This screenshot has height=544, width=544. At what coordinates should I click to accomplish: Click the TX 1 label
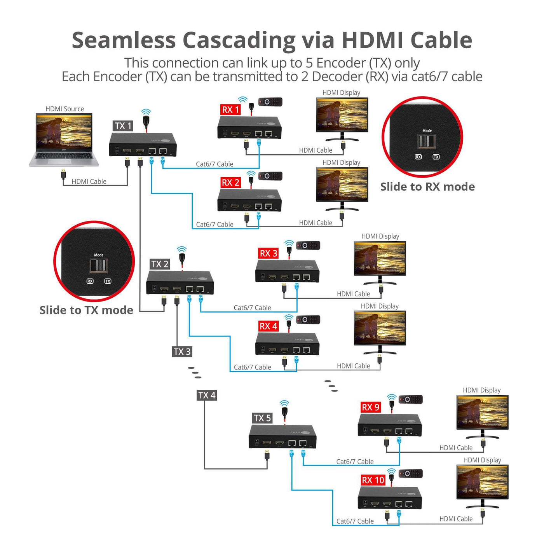(x=123, y=126)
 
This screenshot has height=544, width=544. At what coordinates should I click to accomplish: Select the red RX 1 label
(x=230, y=110)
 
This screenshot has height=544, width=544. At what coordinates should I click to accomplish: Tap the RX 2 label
(x=230, y=183)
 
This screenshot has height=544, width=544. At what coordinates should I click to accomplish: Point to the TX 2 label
(x=160, y=264)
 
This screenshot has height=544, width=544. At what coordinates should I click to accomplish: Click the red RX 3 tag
(x=269, y=253)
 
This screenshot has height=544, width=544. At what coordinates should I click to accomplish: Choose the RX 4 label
(x=269, y=326)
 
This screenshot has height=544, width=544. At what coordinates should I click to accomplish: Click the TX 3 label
(x=182, y=352)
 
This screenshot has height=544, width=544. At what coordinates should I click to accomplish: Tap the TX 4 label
(x=207, y=395)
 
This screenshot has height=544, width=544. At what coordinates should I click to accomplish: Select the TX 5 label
(x=262, y=418)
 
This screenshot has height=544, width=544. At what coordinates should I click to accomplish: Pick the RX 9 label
(x=371, y=407)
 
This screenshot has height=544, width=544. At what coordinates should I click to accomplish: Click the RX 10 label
(x=373, y=480)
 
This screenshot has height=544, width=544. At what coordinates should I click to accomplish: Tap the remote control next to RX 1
(x=270, y=102)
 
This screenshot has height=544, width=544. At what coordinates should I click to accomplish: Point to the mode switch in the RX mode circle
(x=427, y=141)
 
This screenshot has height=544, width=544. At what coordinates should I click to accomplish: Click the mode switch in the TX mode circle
(x=98, y=266)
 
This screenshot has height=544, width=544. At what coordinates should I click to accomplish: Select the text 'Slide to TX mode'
(x=86, y=310)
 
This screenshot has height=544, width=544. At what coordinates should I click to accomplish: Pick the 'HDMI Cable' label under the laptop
(x=89, y=181)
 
